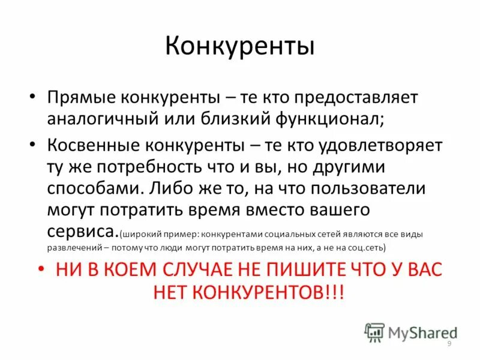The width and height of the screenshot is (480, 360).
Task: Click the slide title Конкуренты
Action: click(240, 47)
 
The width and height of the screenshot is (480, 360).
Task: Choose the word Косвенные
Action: click(91, 146)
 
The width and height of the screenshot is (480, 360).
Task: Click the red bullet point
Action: click(41, 269)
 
